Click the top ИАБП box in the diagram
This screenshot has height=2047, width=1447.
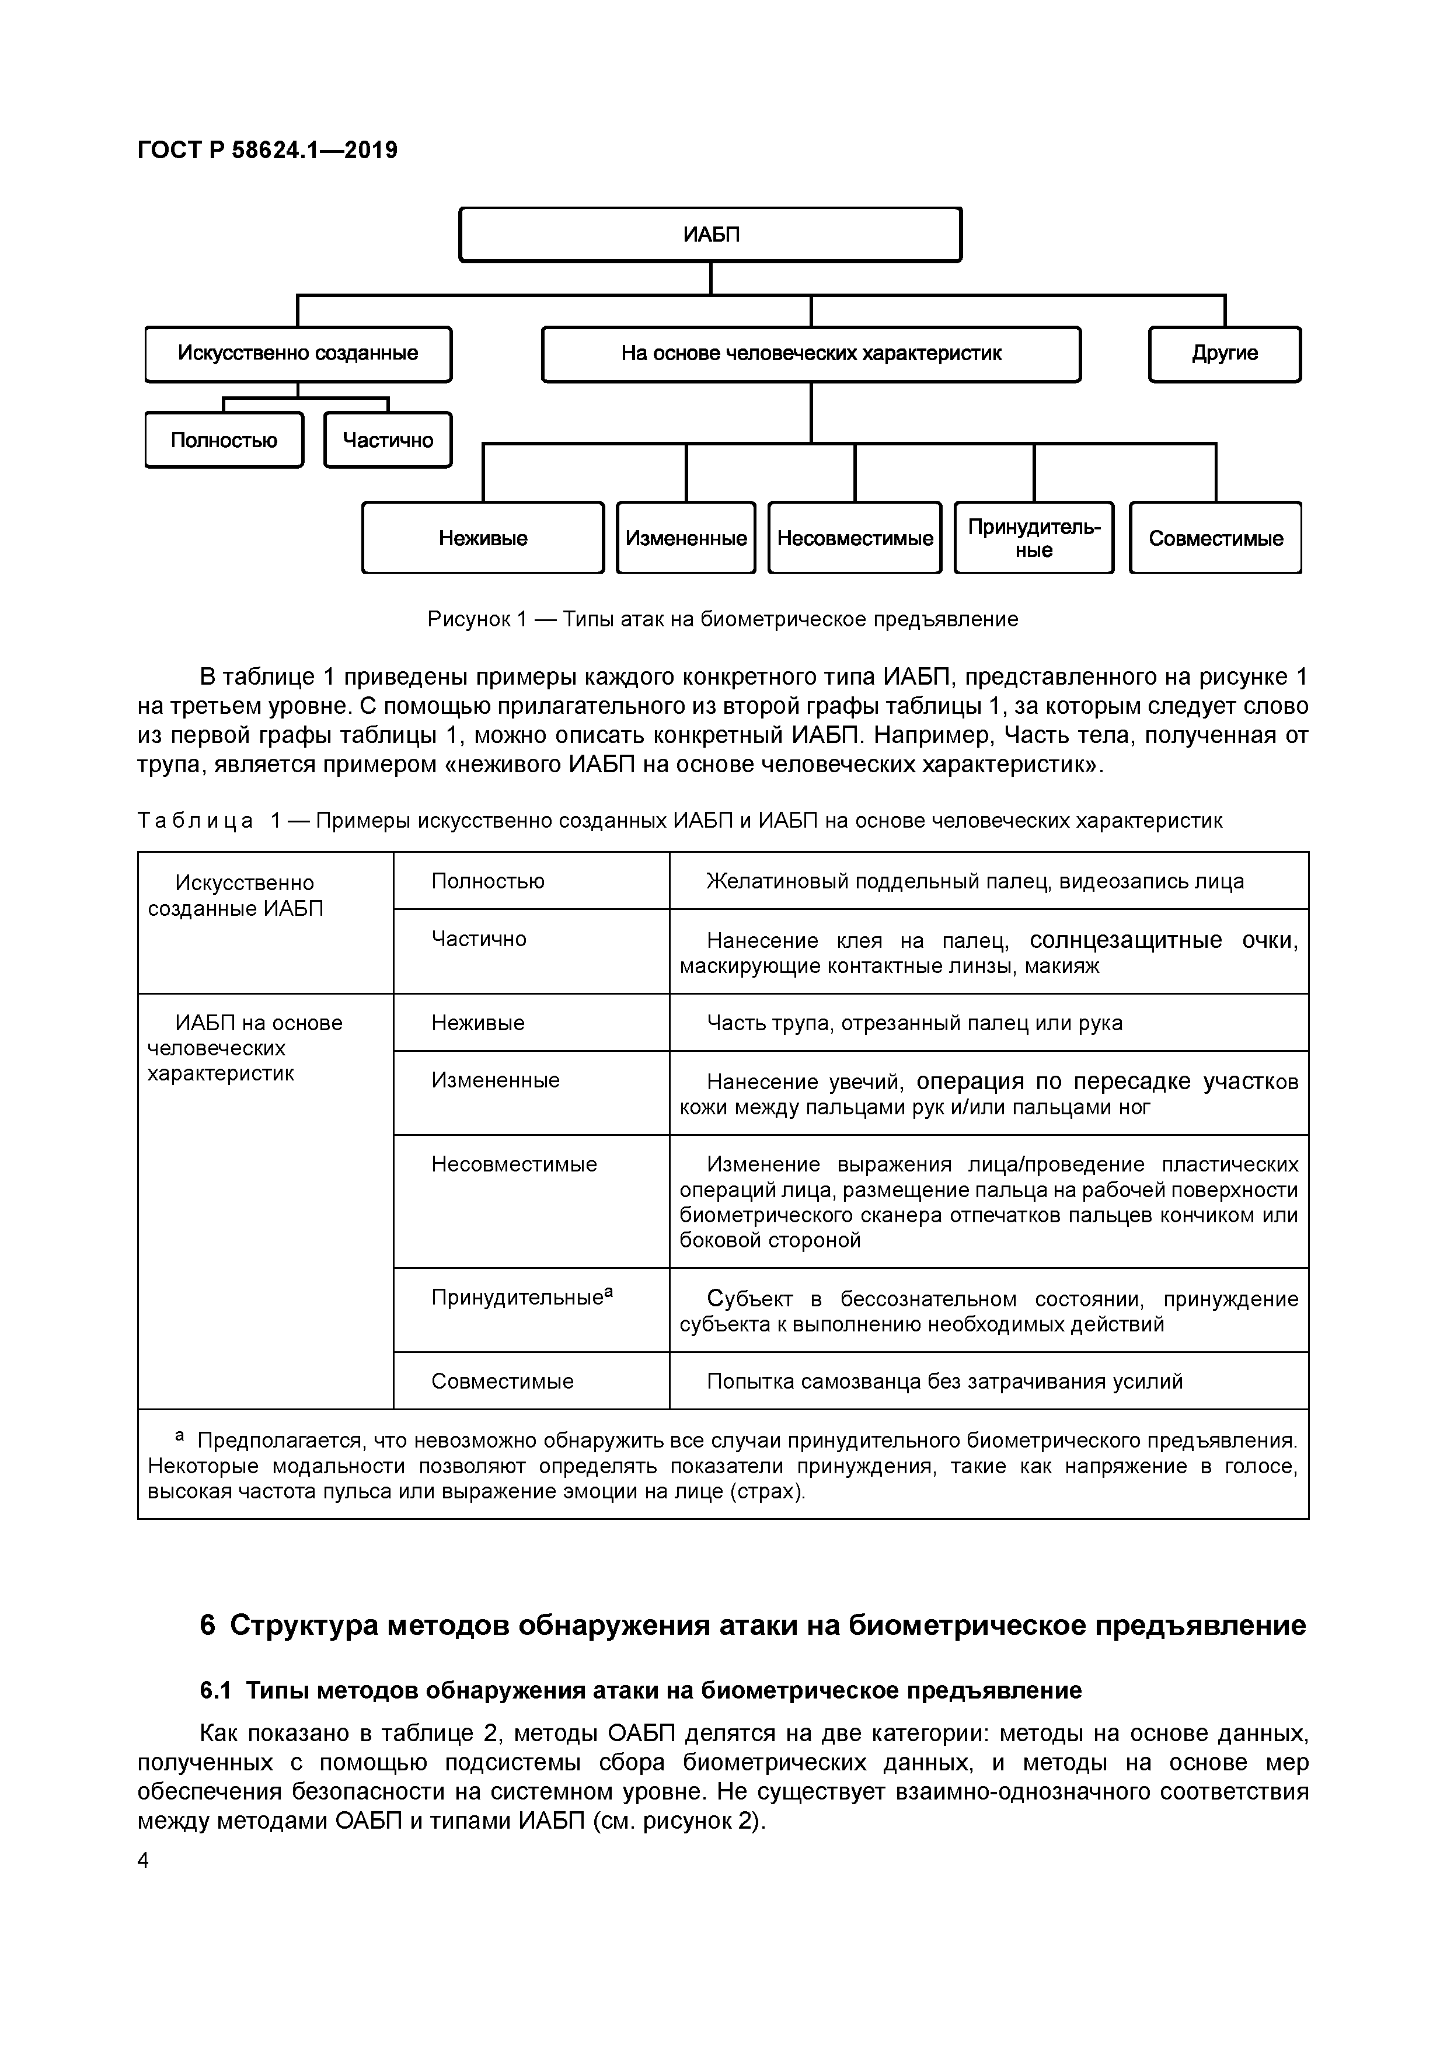pyautogui.click(x=710, y=235)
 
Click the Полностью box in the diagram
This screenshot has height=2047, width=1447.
pyautogui.click(x=224, y=441)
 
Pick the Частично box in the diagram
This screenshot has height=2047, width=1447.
pyautogui.click(x=388, y=441)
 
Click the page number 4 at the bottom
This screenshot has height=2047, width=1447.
pyautogui.click(x=144, y=1861)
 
